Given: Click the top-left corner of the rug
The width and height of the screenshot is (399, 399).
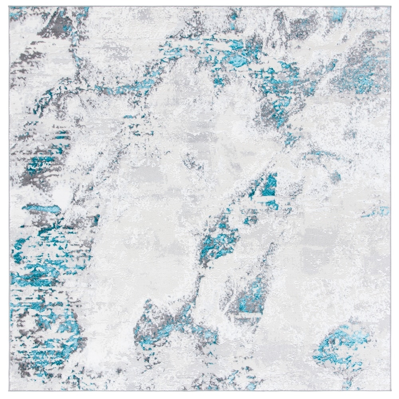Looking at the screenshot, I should click(x=10, y=7).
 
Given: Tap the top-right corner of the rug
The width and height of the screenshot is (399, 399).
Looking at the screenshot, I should click(x=390, y=7).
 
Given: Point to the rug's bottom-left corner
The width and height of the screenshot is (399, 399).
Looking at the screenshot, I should click(x=10, y=393).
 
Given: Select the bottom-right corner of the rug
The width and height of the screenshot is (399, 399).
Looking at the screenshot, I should click(x=390, y=393).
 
